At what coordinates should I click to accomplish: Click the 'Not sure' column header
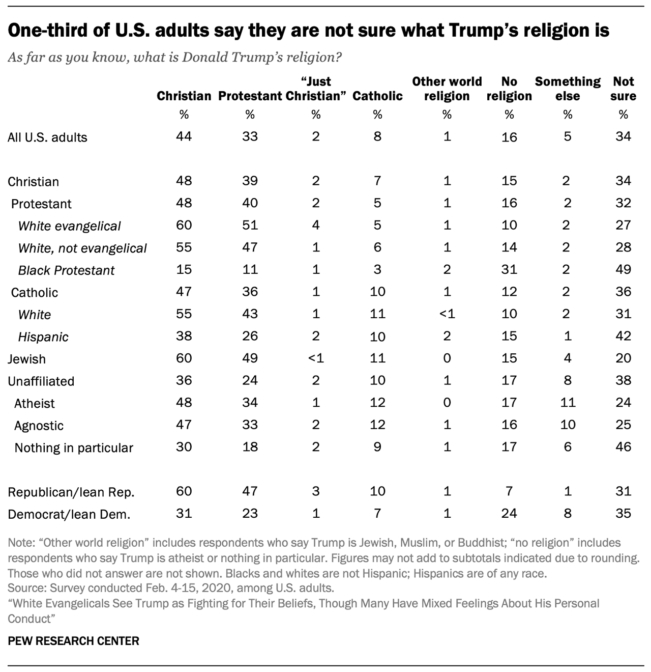(x=624, y=89)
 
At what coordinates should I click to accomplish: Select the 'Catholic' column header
(x=377, y=96)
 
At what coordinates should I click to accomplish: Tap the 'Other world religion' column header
(x=447, y=89)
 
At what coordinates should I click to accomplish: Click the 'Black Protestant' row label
(x=67, y=270)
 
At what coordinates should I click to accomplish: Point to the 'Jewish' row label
(x=27, y=359)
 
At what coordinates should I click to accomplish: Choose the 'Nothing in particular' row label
(x=74, y=448)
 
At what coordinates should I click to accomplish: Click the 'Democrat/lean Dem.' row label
(x=69, y=515)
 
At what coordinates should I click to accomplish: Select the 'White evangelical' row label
(x=70, y=226)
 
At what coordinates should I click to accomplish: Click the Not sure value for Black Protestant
(x=623, y=269)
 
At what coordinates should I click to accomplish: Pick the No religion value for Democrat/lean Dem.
(x=509, y=513)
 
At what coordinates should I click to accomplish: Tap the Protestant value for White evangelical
(x=250, y=225)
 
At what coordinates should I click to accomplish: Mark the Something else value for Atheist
(x=568, y=403)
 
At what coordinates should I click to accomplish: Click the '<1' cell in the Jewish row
(x=316, y=358)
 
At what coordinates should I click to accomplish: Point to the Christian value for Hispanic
(x=184, y=336)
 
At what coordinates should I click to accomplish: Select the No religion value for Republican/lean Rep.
(x=509, y=491)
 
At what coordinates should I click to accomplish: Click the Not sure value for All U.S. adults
(x=623, y=136)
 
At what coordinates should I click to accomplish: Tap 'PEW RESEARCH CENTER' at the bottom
(x=73, y=641)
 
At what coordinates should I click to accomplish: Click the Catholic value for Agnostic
(x=377, y=425)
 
